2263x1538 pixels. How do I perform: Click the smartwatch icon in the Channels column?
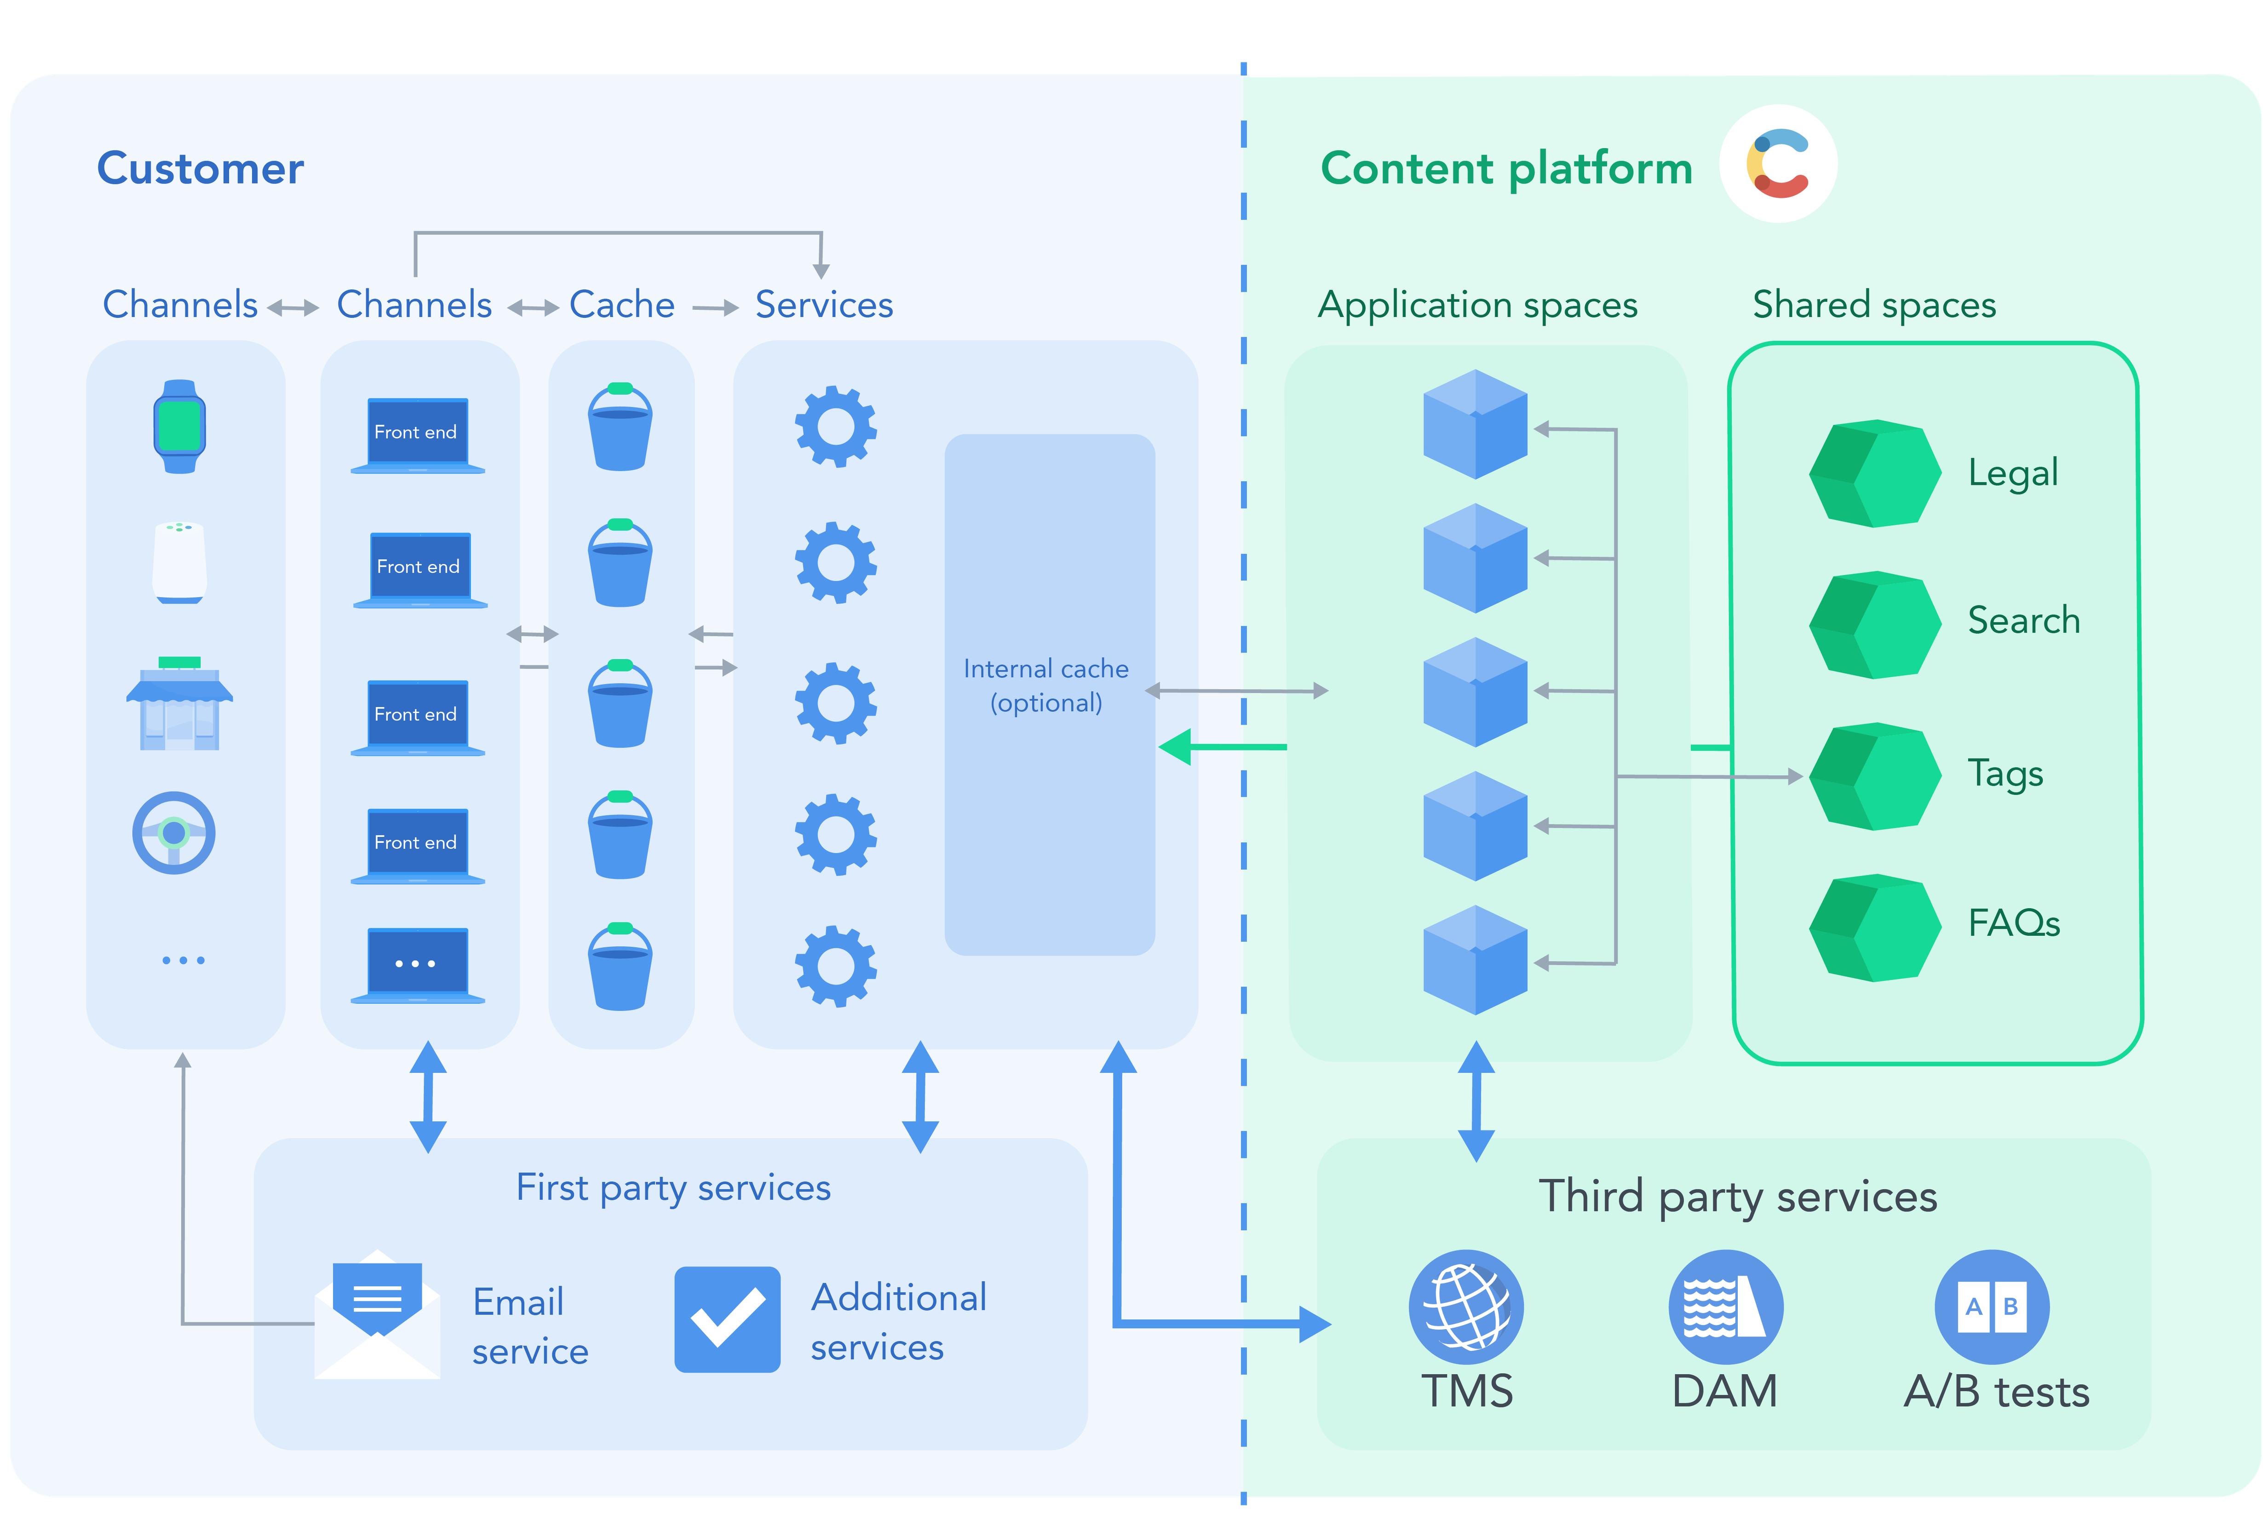[179, 426]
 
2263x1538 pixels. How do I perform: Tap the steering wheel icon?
[174, 833]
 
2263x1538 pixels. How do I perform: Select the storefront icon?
[179, 703]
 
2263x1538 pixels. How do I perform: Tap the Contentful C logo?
[1778, 164]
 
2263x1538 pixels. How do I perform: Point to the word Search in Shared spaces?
[2023, 621]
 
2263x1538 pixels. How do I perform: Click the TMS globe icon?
[1465, 1307]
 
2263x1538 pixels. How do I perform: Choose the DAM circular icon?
[1725, 1307]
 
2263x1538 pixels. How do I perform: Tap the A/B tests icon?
[1991, 1307]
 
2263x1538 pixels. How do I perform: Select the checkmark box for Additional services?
[727, 1319]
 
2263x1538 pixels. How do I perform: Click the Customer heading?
[201, 168]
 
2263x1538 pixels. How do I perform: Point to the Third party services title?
[1737, 1196]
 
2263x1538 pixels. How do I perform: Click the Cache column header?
[621, 305]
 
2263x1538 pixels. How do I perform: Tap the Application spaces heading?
[1477, 305]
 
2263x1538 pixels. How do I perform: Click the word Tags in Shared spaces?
[2005, 773]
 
